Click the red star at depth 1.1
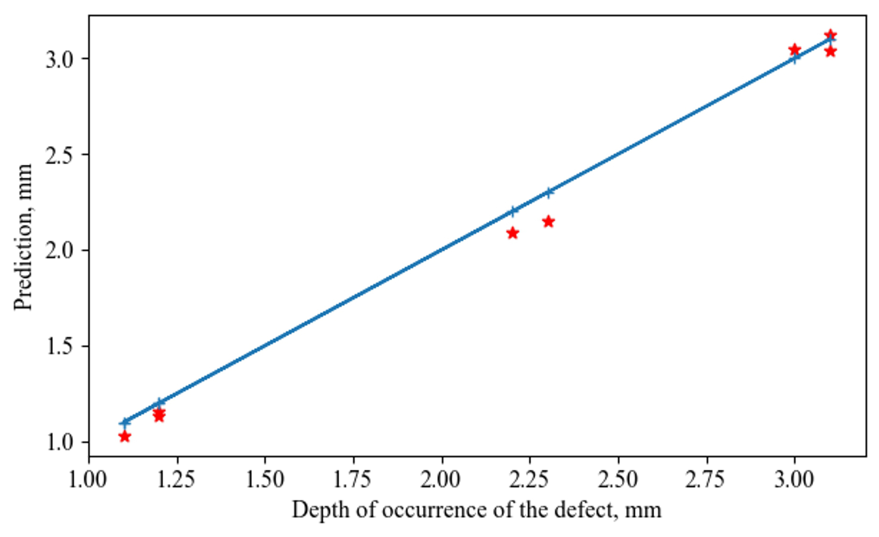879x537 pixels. (x=125, y=436)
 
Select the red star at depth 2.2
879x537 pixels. (x=513, y=233)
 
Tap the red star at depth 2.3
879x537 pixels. (x=548, y=221)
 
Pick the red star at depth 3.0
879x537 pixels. (x=794, y=50)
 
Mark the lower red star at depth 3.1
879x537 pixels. (x=830, y=51)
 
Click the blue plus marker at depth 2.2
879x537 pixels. (x=513, y=211)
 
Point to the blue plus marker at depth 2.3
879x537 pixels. (x=548, y=192)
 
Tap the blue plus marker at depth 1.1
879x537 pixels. (x=125, y=422)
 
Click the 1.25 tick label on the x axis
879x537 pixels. (x=177, y=480)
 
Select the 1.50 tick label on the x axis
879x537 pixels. (x=265, y=480)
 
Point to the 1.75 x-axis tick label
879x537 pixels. (x=353, y=480)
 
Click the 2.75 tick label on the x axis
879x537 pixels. (x=706, y=480)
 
